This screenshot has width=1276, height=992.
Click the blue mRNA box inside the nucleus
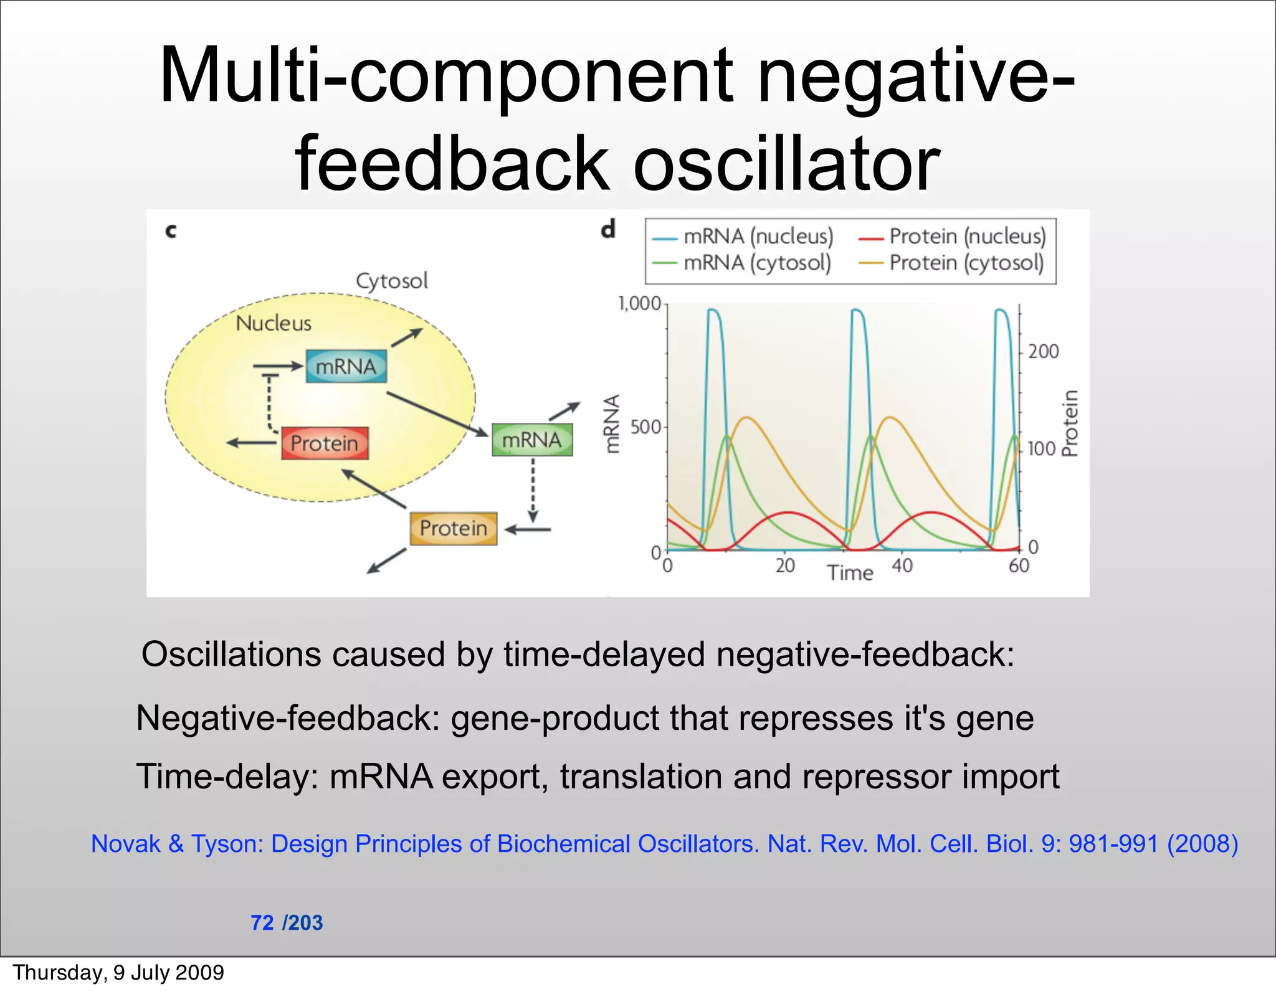pyautogui.click(x=346, y=367)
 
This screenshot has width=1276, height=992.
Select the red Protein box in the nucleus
pyautogui.click(x=325, y=443)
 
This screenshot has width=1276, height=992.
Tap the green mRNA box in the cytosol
pyautogui.click(x=531, y=440)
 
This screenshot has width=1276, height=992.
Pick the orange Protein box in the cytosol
pyautogui.click(x=454, y=529)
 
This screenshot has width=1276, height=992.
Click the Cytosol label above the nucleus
pyautogui.click(x=392, y=281)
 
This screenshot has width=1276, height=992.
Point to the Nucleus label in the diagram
pyautogui.click(x=274, y=323)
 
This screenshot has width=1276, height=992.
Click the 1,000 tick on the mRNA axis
pyautogui.click(x=639, y=304)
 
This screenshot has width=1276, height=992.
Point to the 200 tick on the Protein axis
pyautogui.click(x=1043, y=352)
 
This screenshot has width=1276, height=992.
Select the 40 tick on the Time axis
pyautogui.click(x=902, y=565)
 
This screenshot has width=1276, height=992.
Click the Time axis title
pyautogui.click(x=850, y=572)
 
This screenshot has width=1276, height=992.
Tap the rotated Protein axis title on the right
pyautogui.click(x=1069, y=423)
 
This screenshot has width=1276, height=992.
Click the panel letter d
pyautogui.click(x=608, y=229)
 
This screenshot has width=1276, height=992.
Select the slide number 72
pyautogui.click(x=262, y=922)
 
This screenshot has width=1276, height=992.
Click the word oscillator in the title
pyautogui.click(x=786, y=164)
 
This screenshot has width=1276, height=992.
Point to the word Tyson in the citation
pyautogui.click(x=227, y=844)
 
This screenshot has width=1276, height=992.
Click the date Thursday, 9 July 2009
pyautogui.click(x=118, y=972)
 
